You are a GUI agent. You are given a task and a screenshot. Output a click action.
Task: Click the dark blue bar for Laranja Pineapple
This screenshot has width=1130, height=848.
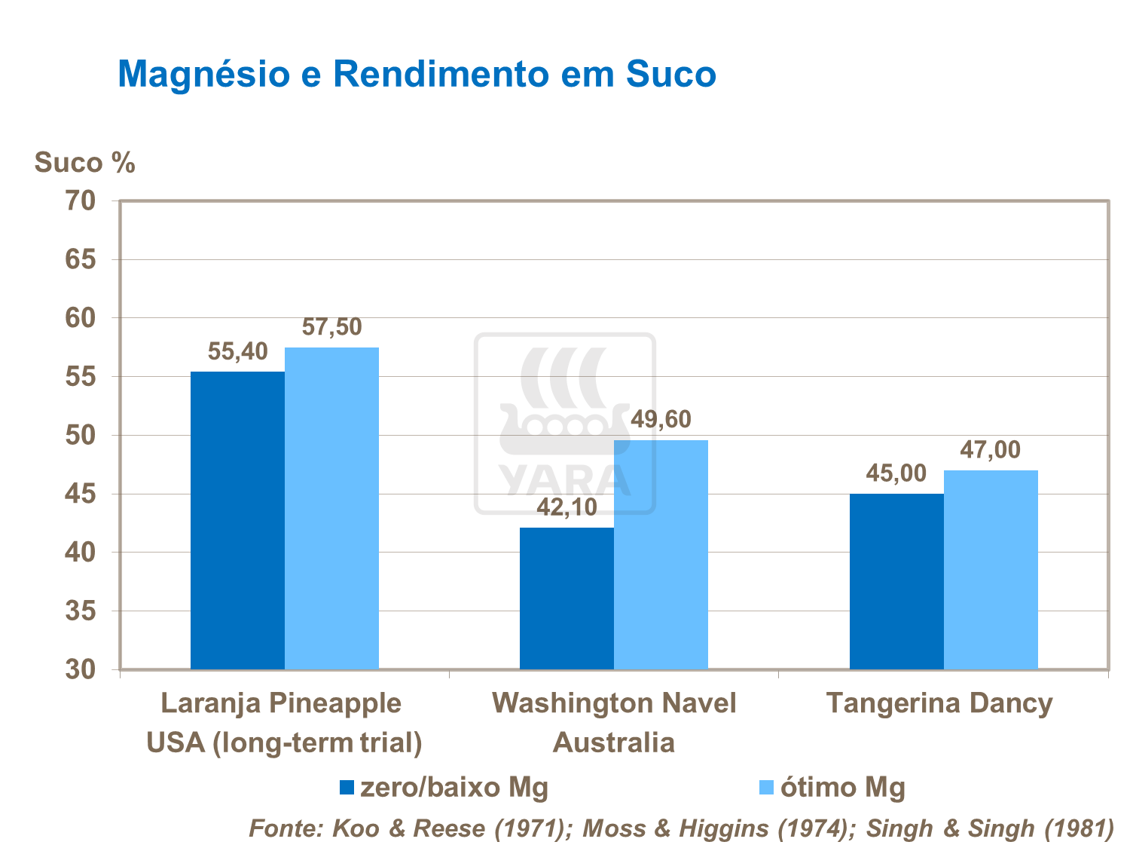tap(237, 520)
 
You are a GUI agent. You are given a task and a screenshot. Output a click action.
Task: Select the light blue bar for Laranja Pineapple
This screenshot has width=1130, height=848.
tap(331, 508)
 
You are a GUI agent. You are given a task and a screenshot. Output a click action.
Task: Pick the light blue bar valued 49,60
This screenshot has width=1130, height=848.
tap(661, 554)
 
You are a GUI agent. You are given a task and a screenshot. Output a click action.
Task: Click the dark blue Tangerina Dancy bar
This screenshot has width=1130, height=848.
tap(896, 581)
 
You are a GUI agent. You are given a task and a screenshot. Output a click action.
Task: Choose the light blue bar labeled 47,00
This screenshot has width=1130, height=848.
tap(991, 569)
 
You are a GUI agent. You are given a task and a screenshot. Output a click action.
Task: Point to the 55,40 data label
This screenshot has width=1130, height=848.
tap(237, 351)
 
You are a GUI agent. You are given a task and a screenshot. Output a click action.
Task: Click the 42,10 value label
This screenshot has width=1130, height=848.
tap(567, 507)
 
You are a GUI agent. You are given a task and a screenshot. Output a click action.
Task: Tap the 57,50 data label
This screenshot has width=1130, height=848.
tap(331, 327)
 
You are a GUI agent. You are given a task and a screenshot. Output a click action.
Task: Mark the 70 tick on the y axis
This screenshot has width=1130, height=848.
tap(81, 201)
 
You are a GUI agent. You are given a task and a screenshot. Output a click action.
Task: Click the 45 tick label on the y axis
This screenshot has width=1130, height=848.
tap(81, 494)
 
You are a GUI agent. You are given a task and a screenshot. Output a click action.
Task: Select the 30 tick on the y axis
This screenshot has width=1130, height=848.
tap(81, 669)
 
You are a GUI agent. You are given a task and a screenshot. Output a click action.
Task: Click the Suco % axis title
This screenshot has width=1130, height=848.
tap(84, 163)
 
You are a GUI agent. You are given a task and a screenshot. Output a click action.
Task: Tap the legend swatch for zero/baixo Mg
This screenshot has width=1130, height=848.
tap(347, 788)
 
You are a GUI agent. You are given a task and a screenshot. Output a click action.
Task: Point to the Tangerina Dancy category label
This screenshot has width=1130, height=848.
tap(939, 703)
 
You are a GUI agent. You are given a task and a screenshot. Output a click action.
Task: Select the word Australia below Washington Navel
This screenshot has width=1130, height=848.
tap(613, 743)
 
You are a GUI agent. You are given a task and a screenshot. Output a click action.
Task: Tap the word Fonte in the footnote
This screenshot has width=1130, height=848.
tap(286, 828)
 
